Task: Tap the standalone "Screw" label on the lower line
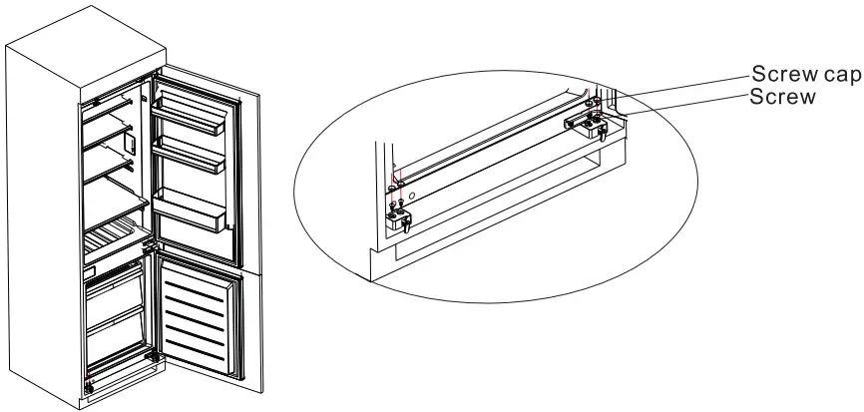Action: tap(783, 98)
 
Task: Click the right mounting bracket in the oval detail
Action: tap(591, 122)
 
